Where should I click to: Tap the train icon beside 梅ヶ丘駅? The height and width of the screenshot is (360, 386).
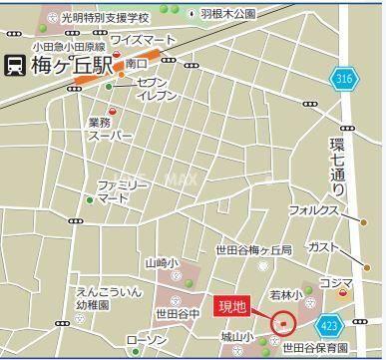(x=15, y=66)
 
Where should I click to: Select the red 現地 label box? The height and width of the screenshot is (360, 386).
(x=235, y=303)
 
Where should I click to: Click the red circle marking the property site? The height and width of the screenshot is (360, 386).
(x=283, y=322)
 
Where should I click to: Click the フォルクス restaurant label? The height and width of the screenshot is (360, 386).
(x=316, y=210)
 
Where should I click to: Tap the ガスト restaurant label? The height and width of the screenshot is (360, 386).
(x=323, y=245)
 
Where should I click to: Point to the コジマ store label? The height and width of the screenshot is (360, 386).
(x=336, y=283)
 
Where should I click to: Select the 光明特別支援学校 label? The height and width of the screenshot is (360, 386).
(x=105, y=18)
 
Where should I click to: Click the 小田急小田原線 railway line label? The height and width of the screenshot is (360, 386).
(x=67, y=45)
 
